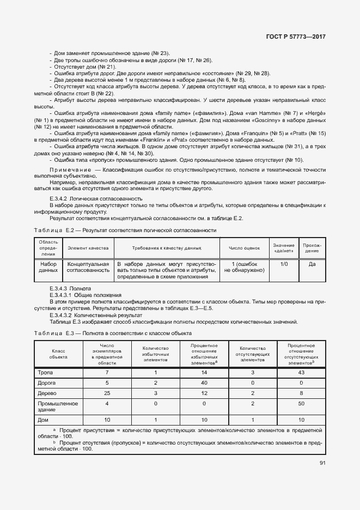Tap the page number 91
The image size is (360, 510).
pos(321,464)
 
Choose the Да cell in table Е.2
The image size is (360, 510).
pos(312,264)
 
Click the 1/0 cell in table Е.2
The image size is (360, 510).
pos(284,264)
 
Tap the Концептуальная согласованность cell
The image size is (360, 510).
pos(88,267)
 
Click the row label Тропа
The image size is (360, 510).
pos(45,373)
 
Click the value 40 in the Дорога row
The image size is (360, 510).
pos(204,383)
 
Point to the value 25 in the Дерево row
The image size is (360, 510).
pos(107,393)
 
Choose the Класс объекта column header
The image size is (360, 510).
pos(59,354)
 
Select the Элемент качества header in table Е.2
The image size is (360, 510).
pos(88,248)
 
